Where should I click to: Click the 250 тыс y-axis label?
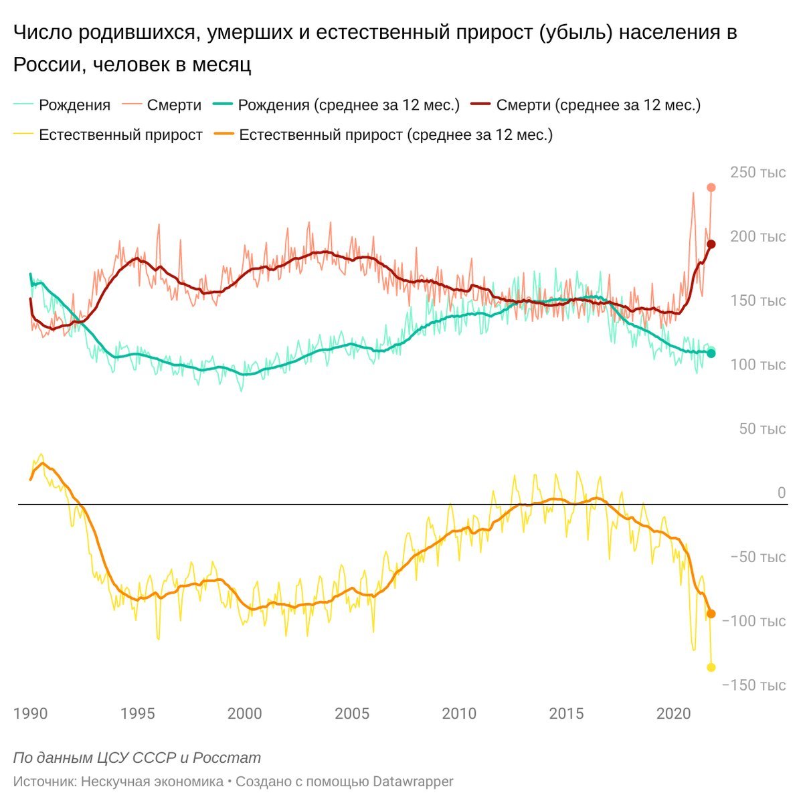point(757,173)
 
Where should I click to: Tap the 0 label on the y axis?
point(781,493)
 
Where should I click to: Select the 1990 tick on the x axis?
point(31,714)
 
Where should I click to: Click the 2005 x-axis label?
point(352,714)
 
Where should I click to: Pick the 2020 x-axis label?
point(673,714)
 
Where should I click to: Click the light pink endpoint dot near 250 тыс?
point(711,188)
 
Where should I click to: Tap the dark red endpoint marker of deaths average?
point(711,245)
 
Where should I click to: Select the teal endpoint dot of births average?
point(711,353)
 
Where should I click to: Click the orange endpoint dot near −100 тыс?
point(711,614)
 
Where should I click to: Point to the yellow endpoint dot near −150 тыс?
point(711,667)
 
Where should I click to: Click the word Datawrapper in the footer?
point(413,782)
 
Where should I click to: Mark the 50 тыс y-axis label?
point(762,429)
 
